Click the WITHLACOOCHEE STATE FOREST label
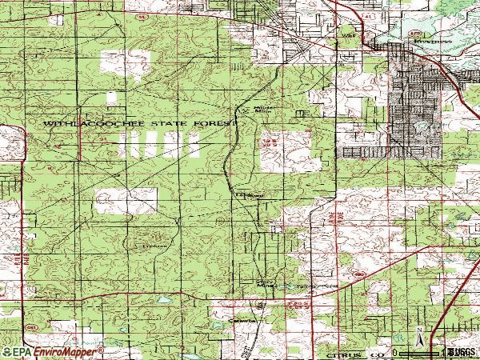141,124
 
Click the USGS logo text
462,352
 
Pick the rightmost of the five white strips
194,146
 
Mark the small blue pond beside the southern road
163,302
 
